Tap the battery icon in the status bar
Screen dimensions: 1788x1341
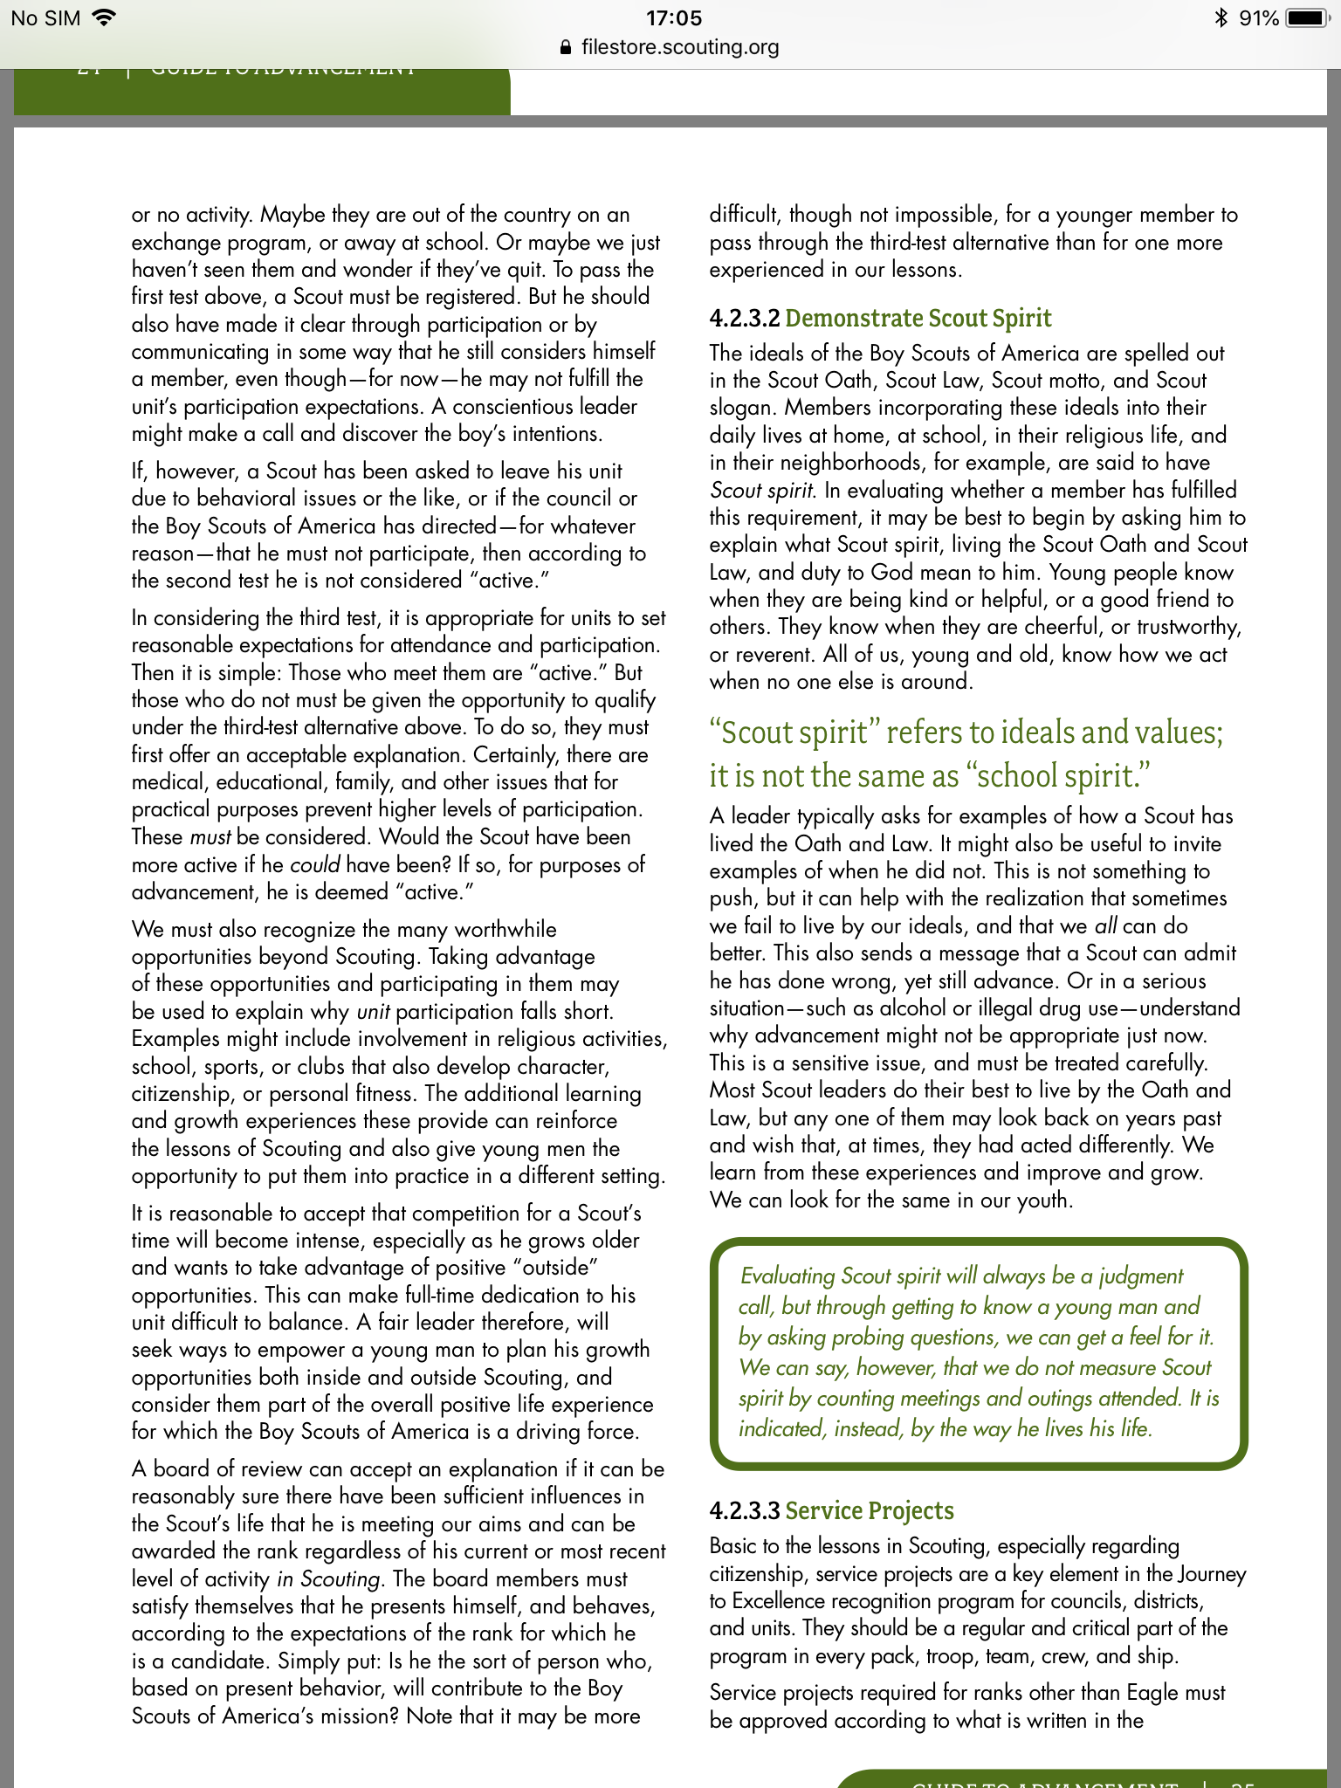click(x=1307, y=18)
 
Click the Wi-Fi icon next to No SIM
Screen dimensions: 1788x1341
click(x=103, y=17)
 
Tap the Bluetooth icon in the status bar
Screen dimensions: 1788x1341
click(x=1221, y=18)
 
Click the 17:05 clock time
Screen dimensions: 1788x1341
click(x=673, y=18)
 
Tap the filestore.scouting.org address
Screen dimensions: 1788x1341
click(x=680, y=47)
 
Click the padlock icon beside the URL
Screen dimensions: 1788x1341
click(x=566, y=48)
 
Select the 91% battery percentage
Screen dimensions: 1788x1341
click(x=1258, y=18)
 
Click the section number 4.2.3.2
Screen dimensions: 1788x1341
click(x=744, y=319)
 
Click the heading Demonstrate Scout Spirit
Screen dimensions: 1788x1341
click(x=918, y=319)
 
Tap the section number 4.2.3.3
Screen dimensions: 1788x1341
click(x=744, y=1511)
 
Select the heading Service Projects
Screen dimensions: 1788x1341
click(x=869, y=1511)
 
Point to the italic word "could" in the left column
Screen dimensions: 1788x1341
click(x=314, y=865)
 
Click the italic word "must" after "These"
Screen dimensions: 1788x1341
click(x=210, y=837)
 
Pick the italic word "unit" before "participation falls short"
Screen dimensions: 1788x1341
click(x=373, y=1012)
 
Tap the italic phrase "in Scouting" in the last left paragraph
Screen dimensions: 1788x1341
click(x=328, y=1579)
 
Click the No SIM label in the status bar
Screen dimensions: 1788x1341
click(x=45, y=18)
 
